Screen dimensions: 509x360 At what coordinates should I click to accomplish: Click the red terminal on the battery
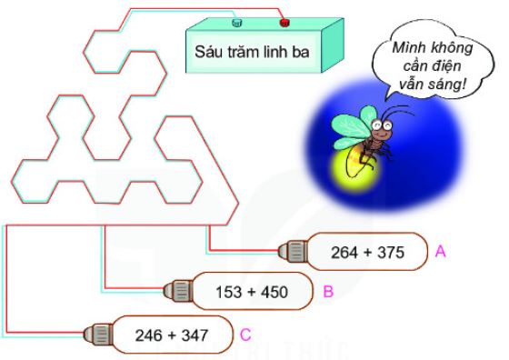tap(284, 20)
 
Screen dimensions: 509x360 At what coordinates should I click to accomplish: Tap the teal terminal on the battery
tap(237, 20)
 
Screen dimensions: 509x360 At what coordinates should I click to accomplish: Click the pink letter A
tap(440, 251)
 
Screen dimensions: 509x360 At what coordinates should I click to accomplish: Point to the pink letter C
tap(245, 335)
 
